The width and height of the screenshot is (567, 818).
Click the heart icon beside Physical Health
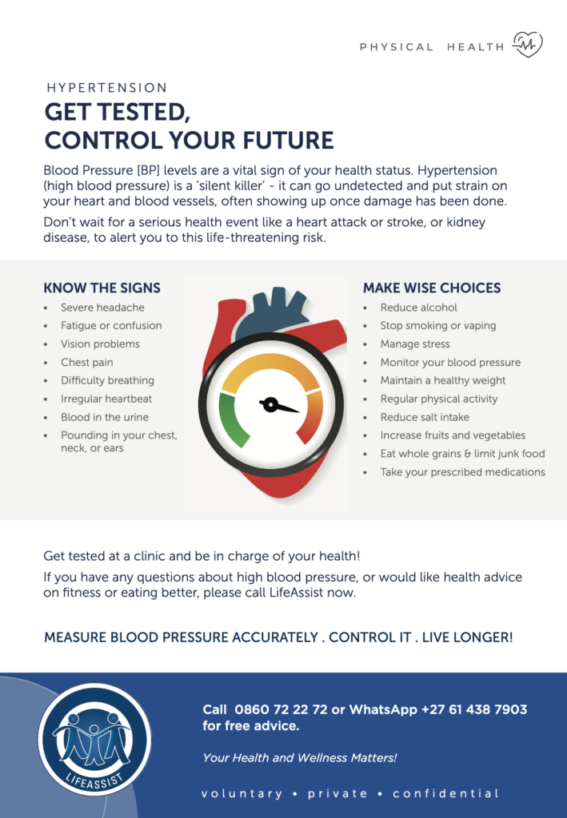[x=527, y=45]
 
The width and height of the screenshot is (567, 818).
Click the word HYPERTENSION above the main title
[x=107, y=88]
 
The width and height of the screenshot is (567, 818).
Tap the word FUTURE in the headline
[x=288, y=141]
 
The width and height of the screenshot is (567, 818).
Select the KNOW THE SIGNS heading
[x=102, y=288]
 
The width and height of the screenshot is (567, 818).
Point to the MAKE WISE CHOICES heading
[x=432, y=288]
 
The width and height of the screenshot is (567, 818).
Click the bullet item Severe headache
[x=102, y=308]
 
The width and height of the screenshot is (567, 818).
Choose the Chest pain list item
[x=86, y=362]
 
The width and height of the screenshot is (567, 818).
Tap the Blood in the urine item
[x=105, y=417]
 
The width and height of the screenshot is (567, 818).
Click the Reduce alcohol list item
[x=418, y=308]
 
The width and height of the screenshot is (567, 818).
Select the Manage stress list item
[x=414, y=343]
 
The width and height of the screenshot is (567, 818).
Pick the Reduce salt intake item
[x=425, y=417]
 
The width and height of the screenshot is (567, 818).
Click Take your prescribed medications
[x=462, y=471]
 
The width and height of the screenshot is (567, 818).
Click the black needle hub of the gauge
[x=270, y=404]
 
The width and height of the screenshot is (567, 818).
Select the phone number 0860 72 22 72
[x=281, y=709]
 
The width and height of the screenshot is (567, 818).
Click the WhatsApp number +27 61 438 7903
[x=474, y=709]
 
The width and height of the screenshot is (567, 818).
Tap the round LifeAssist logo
[x=94, y=739]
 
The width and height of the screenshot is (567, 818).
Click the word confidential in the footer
[x=446, y=793]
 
